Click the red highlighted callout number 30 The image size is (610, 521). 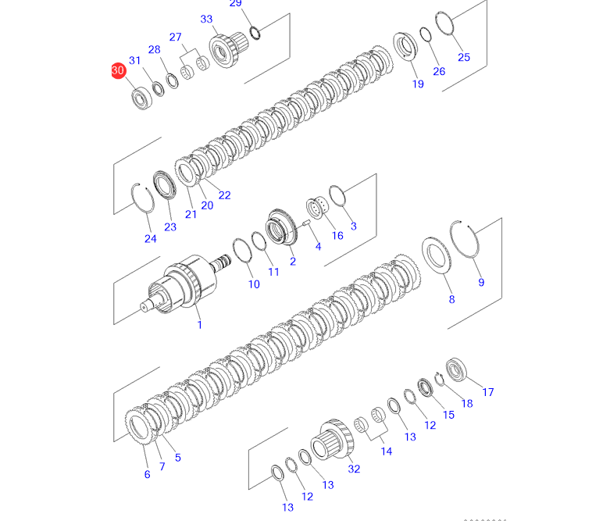click(118, 70)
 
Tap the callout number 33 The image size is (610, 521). click(206, 19)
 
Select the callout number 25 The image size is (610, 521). click(464, 57)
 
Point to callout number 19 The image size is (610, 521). click(418, 84)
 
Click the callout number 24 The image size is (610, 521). click(151, 238)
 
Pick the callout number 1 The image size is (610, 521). click(200, 324)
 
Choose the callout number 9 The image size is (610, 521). click(481, 283)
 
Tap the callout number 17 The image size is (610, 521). click(488, 392)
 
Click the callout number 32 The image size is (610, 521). click(354, 469)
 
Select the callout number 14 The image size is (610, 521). click(387, 451)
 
